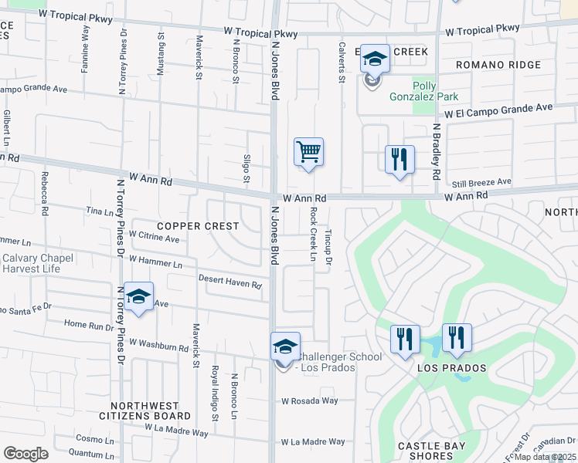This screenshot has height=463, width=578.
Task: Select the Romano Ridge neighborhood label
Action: (x=498, y=65)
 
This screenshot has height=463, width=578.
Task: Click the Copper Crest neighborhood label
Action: (x=198, y=225)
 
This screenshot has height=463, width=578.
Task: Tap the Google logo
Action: (x=25, y=454)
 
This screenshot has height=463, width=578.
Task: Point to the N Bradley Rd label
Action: (x=436, y=152)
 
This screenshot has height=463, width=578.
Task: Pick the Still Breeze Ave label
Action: (x=482, y=182)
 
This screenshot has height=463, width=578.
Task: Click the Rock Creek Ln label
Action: (x=314, y=233)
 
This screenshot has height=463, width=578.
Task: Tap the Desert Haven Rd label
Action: (x=230, y=282)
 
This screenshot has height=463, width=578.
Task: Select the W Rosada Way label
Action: (x=310, y=401)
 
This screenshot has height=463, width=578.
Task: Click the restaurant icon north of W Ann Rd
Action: (x=399, y=159)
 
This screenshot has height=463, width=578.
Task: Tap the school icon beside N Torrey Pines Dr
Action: (x=139, y=296)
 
